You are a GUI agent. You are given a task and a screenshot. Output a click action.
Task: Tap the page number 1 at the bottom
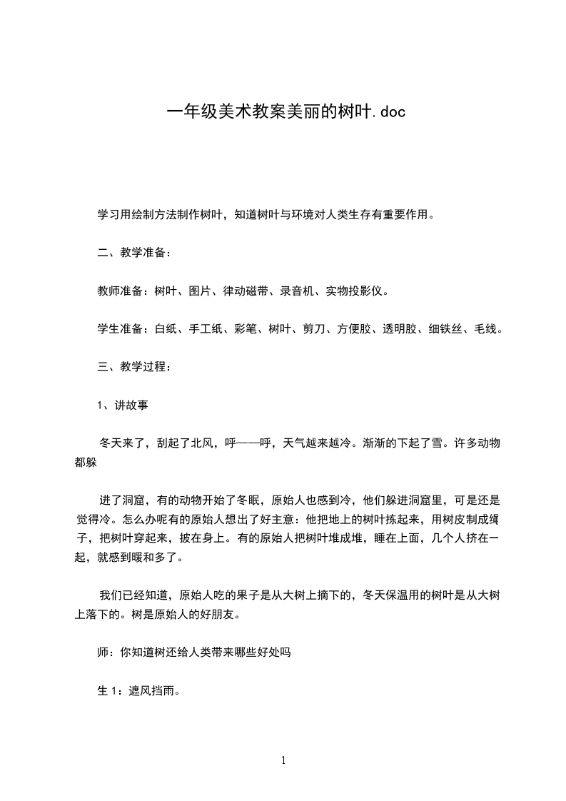tap(283, 761)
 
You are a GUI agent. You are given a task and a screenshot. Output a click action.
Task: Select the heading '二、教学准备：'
tap(133, 253)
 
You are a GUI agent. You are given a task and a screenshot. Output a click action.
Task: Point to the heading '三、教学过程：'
tap(133, 367)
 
